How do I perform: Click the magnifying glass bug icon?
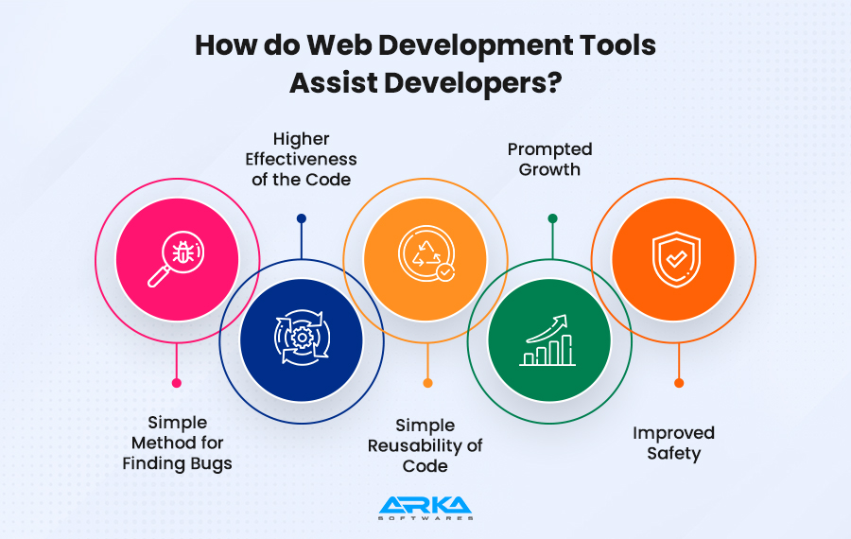tap(176, 259)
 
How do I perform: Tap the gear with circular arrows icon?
tap(302, 338)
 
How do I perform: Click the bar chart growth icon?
tap(547, 340)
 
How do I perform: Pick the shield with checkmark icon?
tap(676, 259)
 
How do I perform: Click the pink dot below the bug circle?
tap(177, 383)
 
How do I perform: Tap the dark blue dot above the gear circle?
tap(302, 218)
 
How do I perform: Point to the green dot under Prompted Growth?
tap(552, 218)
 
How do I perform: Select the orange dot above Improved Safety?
tap(679, 383)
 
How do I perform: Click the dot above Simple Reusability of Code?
tap(427, 383)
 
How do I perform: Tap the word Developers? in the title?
tap(473, 83)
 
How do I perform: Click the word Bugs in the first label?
tap(208, 464)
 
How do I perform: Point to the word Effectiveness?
tap(302, 159)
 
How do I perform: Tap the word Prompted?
tap(549, 149)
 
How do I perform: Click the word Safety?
tap(673, 454)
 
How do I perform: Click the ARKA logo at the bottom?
tap(425, 508)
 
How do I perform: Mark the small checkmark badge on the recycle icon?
tap(446, 271)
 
